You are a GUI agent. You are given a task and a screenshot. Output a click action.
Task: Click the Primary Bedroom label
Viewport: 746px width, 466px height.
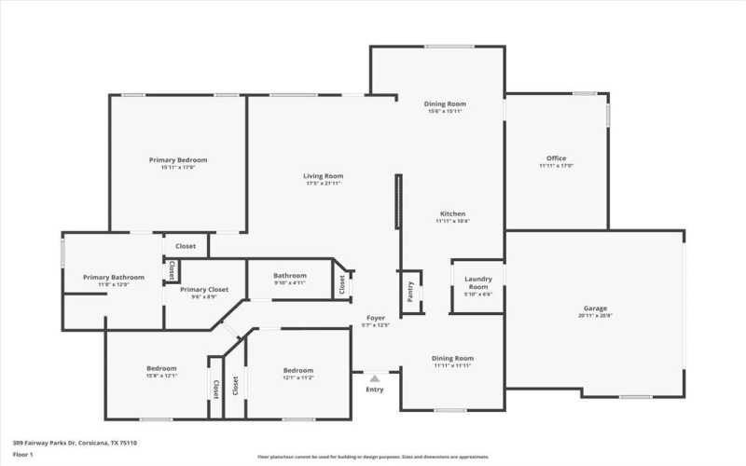pos(178,160)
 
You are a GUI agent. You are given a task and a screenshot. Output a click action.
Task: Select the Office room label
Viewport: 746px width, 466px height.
pos(556,158)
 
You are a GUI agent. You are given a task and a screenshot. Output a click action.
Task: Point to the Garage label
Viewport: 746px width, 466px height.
pos(596,308)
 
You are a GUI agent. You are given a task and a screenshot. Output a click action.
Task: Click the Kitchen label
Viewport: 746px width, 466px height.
pos(452,213)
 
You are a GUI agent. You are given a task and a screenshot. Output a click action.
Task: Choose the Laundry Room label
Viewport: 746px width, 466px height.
pos(477,282)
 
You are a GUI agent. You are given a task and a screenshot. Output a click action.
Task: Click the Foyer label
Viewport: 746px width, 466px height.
pos(375,318)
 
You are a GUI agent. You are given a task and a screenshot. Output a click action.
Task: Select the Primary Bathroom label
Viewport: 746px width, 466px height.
pos(114,277)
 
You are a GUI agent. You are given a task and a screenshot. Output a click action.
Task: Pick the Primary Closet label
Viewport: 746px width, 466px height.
pos(204,290)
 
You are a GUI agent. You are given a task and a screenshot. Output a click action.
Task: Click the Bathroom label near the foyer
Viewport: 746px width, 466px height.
pos(290,276)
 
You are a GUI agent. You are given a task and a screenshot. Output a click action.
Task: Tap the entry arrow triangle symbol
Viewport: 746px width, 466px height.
pos(375,378)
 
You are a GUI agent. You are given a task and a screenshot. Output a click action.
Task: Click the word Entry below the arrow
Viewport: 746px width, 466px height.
pos(375,390)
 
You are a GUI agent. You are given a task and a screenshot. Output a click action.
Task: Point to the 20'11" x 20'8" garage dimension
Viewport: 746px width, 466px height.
pos(596,316)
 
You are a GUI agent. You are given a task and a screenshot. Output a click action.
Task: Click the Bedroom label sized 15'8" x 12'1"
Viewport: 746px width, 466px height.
pos(161,369)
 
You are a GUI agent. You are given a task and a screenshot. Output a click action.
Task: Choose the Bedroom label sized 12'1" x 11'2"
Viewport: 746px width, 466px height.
pos(298,369)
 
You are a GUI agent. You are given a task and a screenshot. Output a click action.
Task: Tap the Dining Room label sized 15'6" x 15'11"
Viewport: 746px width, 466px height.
pos(445,103)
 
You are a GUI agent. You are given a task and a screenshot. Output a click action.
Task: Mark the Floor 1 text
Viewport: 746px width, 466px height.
pos(22,454)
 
